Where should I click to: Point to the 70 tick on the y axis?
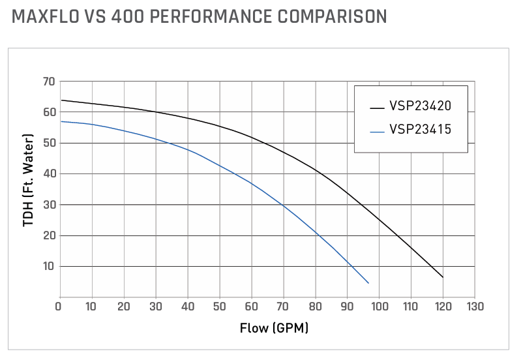tap(47, 82)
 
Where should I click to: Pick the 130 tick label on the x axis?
tap(475, 307)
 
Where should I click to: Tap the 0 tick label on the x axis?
tap(60, 307)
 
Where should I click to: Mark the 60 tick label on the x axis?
tap(251, 307)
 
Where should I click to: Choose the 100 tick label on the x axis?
tap(379, 307)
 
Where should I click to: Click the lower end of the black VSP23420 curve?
tap(443, 277)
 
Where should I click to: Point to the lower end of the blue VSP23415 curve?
tap(368, 282)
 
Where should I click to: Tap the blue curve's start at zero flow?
tap(61, 121)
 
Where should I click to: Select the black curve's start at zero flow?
tap(61, 100)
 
